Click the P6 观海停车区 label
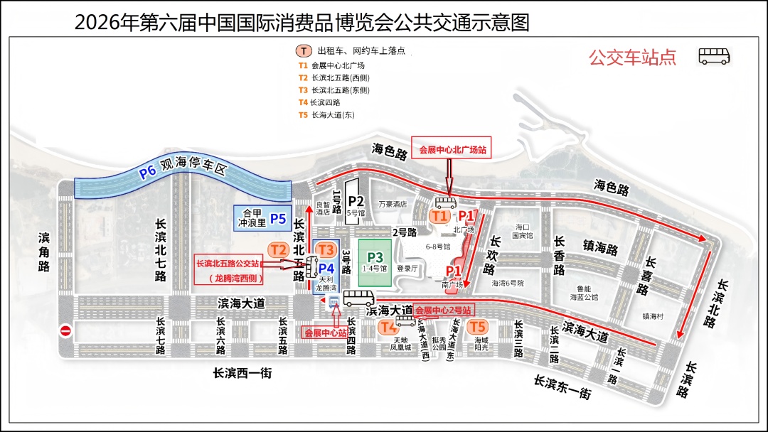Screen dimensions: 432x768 (181, 171)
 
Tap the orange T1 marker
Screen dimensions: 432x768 (440, 215)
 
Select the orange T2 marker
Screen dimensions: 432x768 (278, 249)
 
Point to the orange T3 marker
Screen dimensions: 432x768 (326, 249)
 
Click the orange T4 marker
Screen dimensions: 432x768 (388, 327)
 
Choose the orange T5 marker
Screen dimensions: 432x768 (477, 327)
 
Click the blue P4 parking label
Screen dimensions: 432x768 (326, 268)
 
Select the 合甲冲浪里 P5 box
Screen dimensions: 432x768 (262, 217)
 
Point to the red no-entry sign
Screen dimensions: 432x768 (65, 330)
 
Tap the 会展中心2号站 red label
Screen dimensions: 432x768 (444, 310)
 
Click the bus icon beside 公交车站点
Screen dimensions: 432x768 (714, 56)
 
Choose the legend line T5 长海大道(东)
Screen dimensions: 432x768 (326, 115)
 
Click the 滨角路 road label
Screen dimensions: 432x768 (44, 252)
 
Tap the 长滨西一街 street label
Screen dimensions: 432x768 (242, 372)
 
